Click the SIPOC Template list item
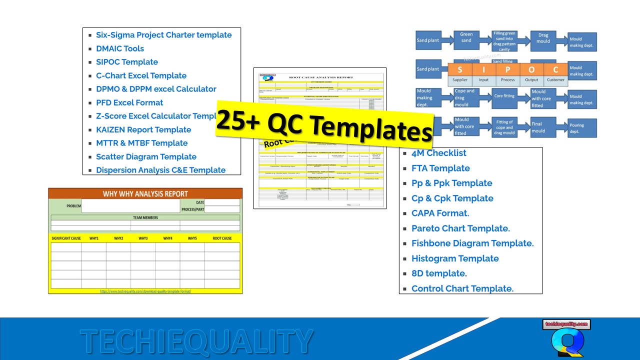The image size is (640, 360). pyautogui.click(x=127, y=62)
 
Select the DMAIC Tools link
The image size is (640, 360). pyautogui.click(x=120, y=48)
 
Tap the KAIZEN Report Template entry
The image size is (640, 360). pyautogui.click(x=143, y=129)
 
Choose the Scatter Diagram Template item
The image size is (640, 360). pyautogui.click(x=146, y=156)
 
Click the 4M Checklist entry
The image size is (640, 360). pyautogui.click(x=438, y=153)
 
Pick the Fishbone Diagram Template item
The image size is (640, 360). pyautogui.click(x=472, y=243)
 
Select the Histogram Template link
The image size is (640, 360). pyautogui.click(x=455, y=258)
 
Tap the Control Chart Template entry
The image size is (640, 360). pyautogui.click(x=462, y=288)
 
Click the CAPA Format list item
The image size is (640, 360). pyautogui.click(x=440, y=213)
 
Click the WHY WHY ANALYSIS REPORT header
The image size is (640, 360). pyautogui.click(x=145, y=194)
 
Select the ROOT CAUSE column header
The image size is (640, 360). pyautogui.click(x=222, y=238)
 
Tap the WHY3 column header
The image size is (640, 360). pyautogui.click(x=143, y=238)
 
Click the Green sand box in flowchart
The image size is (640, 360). pyautogui.click(x=466, y=37)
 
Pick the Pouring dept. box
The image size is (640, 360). pyautogui.click(x=582, y=128)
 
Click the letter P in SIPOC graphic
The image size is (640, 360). pyautogui.click(x=507, y=69)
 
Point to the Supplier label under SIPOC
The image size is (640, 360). pyautogui.click(x=460, y=80)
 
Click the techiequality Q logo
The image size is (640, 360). pyautogui.click(x=566, y=339)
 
